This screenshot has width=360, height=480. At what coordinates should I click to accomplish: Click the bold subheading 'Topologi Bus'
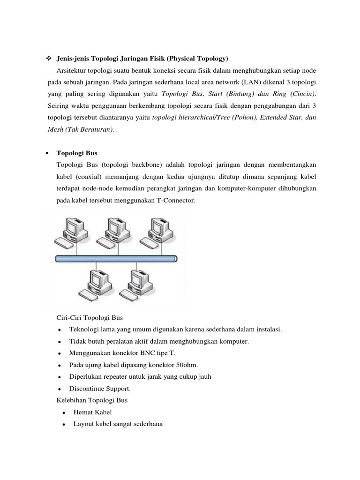(x=77, y=153)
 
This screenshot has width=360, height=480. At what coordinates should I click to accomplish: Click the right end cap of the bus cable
(x=175, y=258)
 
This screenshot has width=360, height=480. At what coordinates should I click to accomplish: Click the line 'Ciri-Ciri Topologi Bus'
(x=89, y=318)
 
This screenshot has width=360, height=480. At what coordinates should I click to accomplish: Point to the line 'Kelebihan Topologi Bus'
(x=92, y=400)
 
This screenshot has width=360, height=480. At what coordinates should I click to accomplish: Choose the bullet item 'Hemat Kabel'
(x=93, y=412)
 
